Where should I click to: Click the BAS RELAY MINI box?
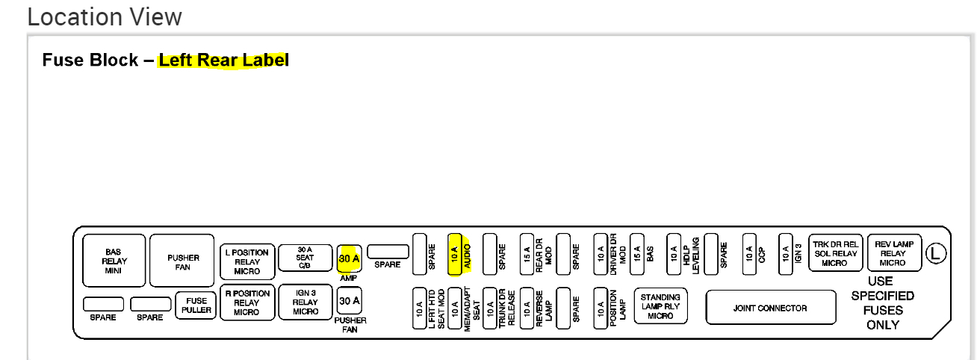pyautogui.click(x=114, y=261)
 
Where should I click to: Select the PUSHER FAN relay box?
pyautogui.click(x=183, y=261)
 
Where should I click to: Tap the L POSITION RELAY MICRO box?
pyautogui.click(x=247, y=261)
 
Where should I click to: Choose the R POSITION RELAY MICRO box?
pyautogui.click(x=247, y=302)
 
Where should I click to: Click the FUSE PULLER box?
pyautogui.click(x=196, y=305)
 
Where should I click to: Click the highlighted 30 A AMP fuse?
pyautogui.click(x=350, y=258)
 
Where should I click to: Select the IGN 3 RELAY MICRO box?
pyautogui.click(x=305, y=302)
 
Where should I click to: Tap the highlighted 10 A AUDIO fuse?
pyautogui.click(x=455, y=255)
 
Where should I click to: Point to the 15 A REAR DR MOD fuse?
pyautogui.click(x=527, y=255)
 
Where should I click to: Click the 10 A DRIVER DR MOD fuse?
pyautogui.click(x=601, y=255)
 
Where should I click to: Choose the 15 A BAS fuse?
pyautogui.click(x=637, y=255)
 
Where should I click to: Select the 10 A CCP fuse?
pyautogui.click(x=748, y=255)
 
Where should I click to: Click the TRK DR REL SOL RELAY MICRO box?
pyautogui.click(x=835, y=254)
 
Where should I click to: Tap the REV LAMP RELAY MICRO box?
pyautogui.click(x=893, y=254)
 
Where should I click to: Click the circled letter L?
pyautogui.click(x=935, y=254)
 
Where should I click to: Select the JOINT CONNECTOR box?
pyautogui.click(x=769, y=308)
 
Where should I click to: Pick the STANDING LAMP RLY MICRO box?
pyautogui.click(x=660, y=306)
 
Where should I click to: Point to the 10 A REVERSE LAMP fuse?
pyautogui.click(x=527, y=308)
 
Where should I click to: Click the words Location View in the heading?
pyautogui.click(x=105, y=16)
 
